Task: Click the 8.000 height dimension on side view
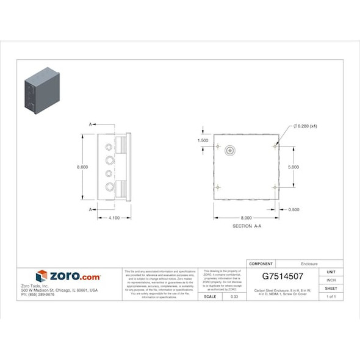pos(82,167)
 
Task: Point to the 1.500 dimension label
pos(203,140)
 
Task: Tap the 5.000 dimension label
pos(293,166)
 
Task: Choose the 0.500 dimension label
pos(294,209)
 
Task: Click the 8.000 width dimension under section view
pos(246,218)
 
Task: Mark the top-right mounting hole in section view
pos(275,146)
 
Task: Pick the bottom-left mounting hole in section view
pos(218,186)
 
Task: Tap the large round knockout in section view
pos(231,150)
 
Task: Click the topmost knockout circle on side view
pos(109,148)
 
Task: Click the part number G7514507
pos(283,276)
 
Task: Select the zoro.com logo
pos(68,276)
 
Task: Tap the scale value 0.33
pos(234,297)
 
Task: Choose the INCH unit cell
pos(331,280)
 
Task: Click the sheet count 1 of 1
pos(331,297)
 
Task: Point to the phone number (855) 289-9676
pos(38,294)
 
